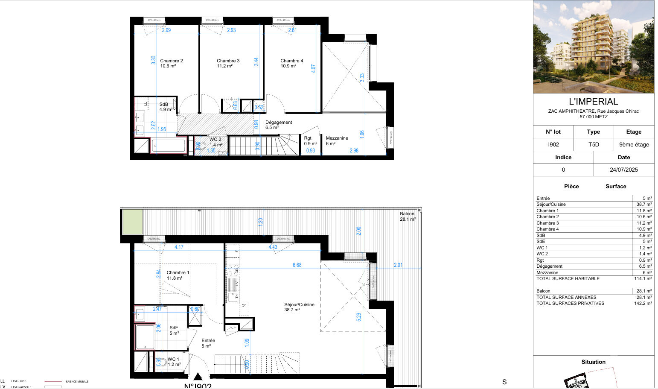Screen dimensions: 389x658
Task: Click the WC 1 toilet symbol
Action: click(x=161, y=362)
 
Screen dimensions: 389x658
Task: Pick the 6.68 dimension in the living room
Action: click(x=297, y=265)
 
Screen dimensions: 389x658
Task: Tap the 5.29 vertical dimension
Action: click(x=359, y=317)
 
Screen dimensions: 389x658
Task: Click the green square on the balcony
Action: click(x=132, y=222)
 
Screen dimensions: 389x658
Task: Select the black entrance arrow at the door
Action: click(x=198, y=376)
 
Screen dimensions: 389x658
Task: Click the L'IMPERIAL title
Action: click(x=593, y=102)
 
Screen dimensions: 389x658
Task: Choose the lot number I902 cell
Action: click(x=553, y=144)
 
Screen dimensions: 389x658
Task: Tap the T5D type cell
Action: click(x=594, y=144)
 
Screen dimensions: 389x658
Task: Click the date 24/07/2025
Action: click(x=623, y=170)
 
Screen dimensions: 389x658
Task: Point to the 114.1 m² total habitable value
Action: click(x=643, y=278)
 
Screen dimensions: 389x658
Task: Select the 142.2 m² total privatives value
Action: click(x=643, y=303)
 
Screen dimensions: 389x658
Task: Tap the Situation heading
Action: click(x=593, y=362)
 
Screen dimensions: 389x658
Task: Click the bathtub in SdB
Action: click(x=169, y=146)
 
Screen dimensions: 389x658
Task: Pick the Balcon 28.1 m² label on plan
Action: click(x=408, y=216)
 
